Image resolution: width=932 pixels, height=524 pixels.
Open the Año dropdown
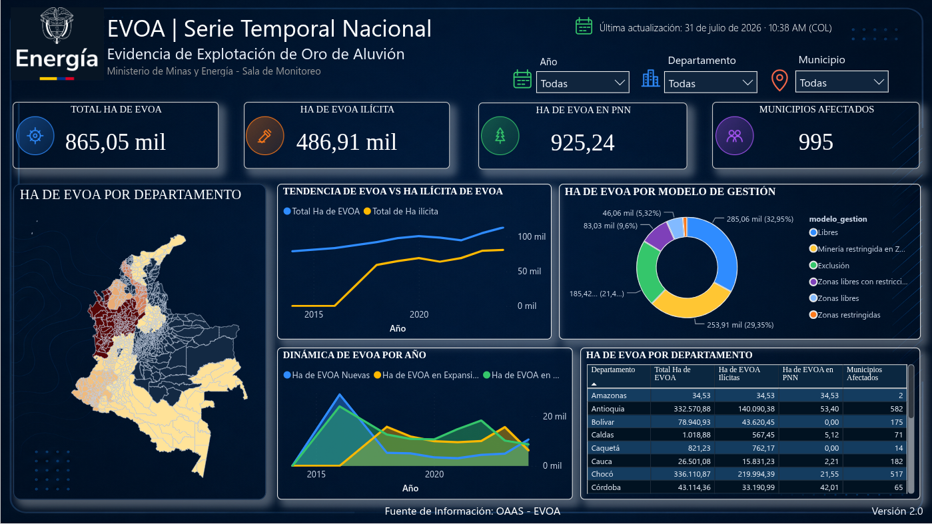pyautogui.click(x=582, y=83)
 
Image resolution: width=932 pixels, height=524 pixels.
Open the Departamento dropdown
pyautogui.click(x=710, y=83)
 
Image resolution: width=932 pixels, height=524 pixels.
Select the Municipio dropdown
pyautogui.click(x=841, y=81)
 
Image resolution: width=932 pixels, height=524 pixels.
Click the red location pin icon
pyautogui.click(x=779, y=80)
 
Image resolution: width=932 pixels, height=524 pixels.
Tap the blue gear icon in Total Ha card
pyautogui.click(x=35, y=136)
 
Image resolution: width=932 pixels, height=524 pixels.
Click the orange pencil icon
pyautogui.click(x=265, y=136)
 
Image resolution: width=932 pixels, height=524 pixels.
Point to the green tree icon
pyautogui.click(x=500, y=136)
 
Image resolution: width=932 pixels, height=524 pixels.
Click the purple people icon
pyautogui.click(x=734, y=136)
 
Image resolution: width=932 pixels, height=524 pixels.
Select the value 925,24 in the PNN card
pyautogui.click(x=582, y=142)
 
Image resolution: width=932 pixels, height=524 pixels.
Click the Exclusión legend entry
pyautogui.click(x=829, y=265)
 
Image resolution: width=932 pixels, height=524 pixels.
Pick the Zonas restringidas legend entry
pyautogui.click(x=845, y=315)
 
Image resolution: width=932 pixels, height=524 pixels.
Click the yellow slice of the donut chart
pyautogui.click(x=691, y=302)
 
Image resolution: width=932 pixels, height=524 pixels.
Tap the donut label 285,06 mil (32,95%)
pyautogui.click(x=759, y=219)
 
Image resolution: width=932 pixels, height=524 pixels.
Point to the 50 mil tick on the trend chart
pyautogui.click(x=529, y=271)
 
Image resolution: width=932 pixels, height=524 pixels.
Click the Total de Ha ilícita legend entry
pyautogui.click(x=401, y=211)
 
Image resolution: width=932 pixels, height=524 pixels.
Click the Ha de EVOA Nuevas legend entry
pyautogui.click(x=326, y=375)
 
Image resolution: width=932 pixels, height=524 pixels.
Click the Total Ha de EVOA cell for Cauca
pyautogui.click(x=694, y=461)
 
